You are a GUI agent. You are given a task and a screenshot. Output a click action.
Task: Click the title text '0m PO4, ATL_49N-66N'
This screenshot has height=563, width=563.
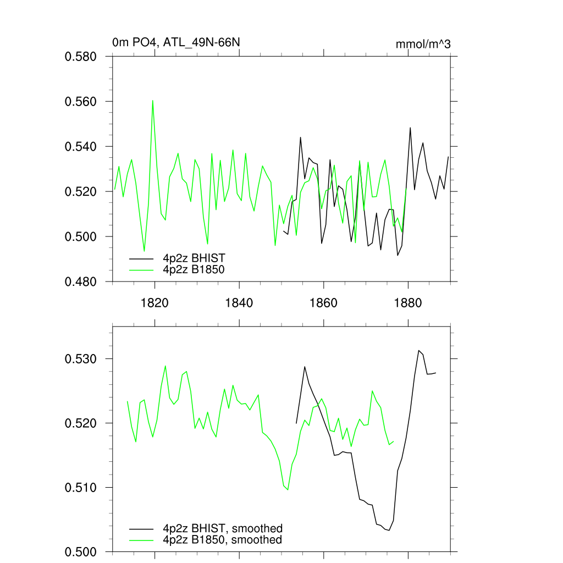point(176,42)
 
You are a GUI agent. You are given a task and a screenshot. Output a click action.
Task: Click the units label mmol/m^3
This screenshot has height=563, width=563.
point(423,44)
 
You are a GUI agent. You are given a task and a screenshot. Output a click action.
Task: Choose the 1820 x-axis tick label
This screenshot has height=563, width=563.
point(154,303)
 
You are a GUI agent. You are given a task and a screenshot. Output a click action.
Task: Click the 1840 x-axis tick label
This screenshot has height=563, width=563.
point(239,303)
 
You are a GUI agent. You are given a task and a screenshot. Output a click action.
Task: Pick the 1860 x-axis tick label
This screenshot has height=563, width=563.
point(324,303)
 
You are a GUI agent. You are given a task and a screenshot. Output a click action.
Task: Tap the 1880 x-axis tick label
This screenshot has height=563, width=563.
point(409,303)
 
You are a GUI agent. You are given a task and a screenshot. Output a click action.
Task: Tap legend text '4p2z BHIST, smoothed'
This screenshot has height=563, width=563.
point(223,528)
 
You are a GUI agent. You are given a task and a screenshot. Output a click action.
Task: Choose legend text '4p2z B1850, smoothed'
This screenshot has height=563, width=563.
point(223,540)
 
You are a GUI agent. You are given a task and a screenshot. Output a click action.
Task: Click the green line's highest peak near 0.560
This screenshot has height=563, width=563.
point(153,101)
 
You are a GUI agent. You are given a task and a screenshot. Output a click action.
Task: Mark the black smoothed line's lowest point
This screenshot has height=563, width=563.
point(389,531)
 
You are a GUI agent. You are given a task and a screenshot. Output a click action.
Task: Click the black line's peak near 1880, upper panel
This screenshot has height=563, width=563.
point(410,128)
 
